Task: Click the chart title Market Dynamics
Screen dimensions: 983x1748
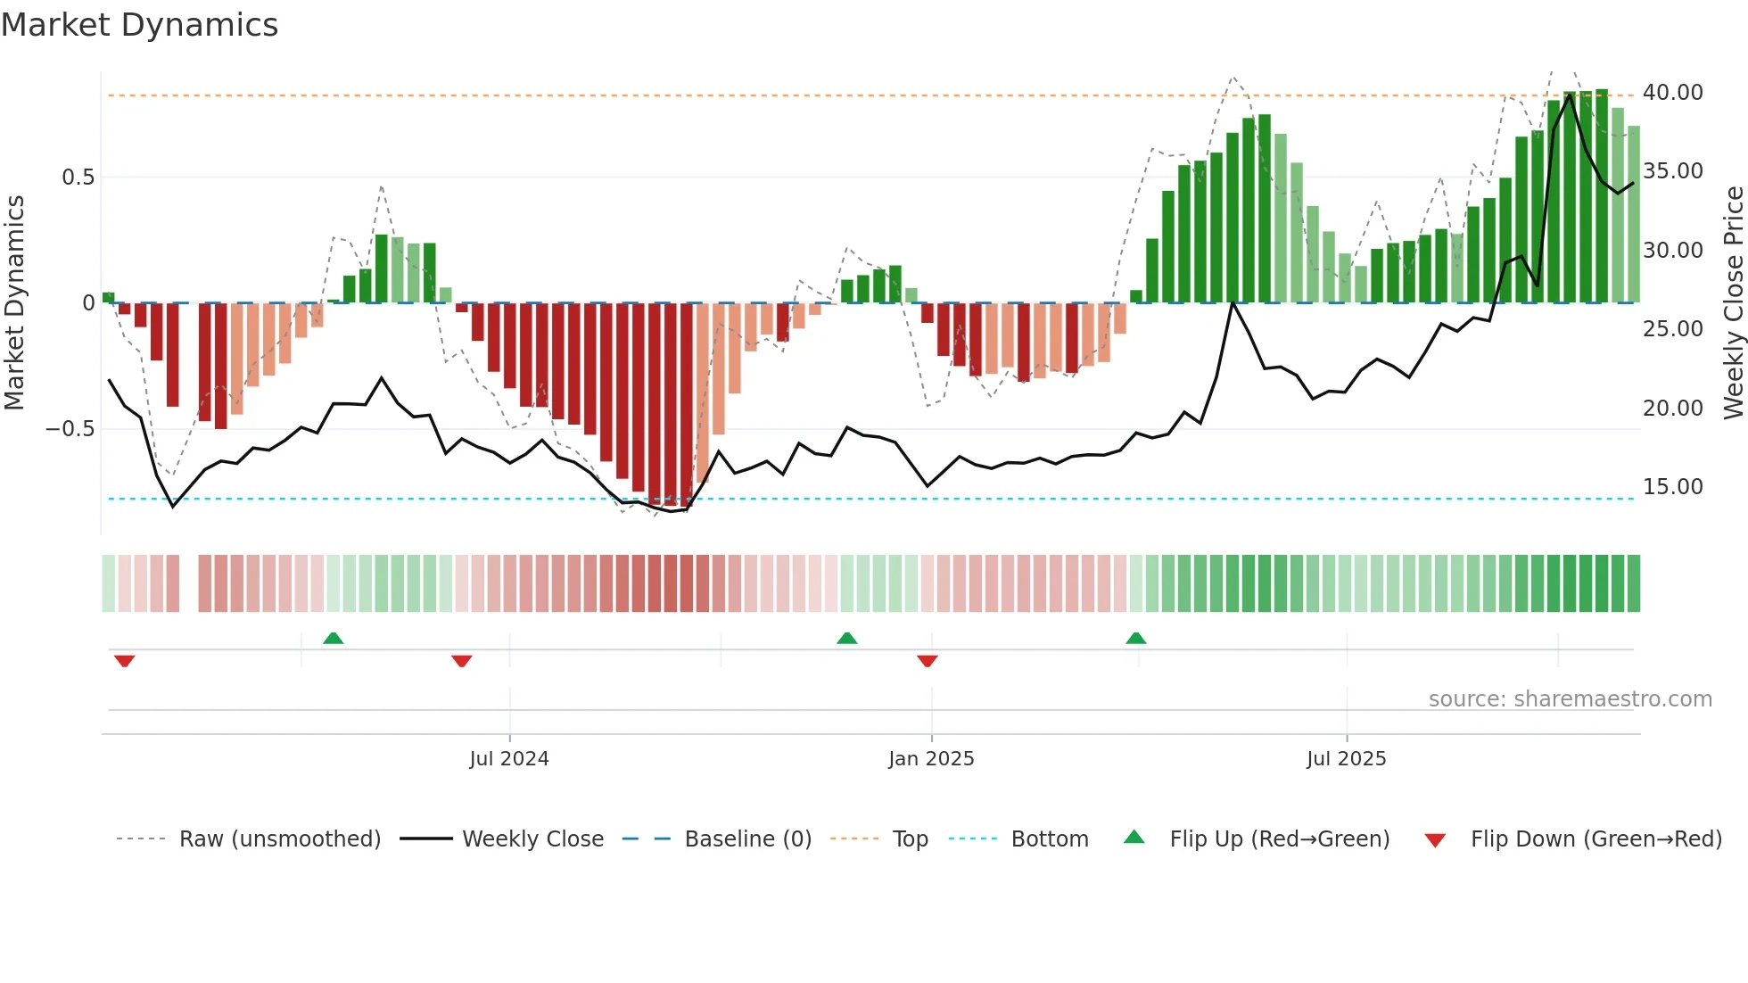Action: (139, 25)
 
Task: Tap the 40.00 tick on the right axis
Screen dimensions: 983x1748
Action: (1672, 93)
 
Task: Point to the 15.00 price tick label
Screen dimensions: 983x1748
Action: (1672, 487)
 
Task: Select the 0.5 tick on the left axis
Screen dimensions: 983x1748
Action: (78, 178)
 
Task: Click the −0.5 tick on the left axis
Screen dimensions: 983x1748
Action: (70, 429)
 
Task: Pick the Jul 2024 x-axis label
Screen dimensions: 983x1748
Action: (509, 759)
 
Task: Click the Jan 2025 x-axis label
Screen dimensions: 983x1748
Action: (931, 759)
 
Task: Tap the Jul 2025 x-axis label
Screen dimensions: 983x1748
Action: (1346, 759)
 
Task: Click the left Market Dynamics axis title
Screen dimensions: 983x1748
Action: (14, 303)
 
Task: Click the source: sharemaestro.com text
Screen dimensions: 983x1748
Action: (1570, 699)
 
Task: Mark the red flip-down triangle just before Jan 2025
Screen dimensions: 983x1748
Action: (928, 661)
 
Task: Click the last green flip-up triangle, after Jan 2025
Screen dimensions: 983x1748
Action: (1135, 639)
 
